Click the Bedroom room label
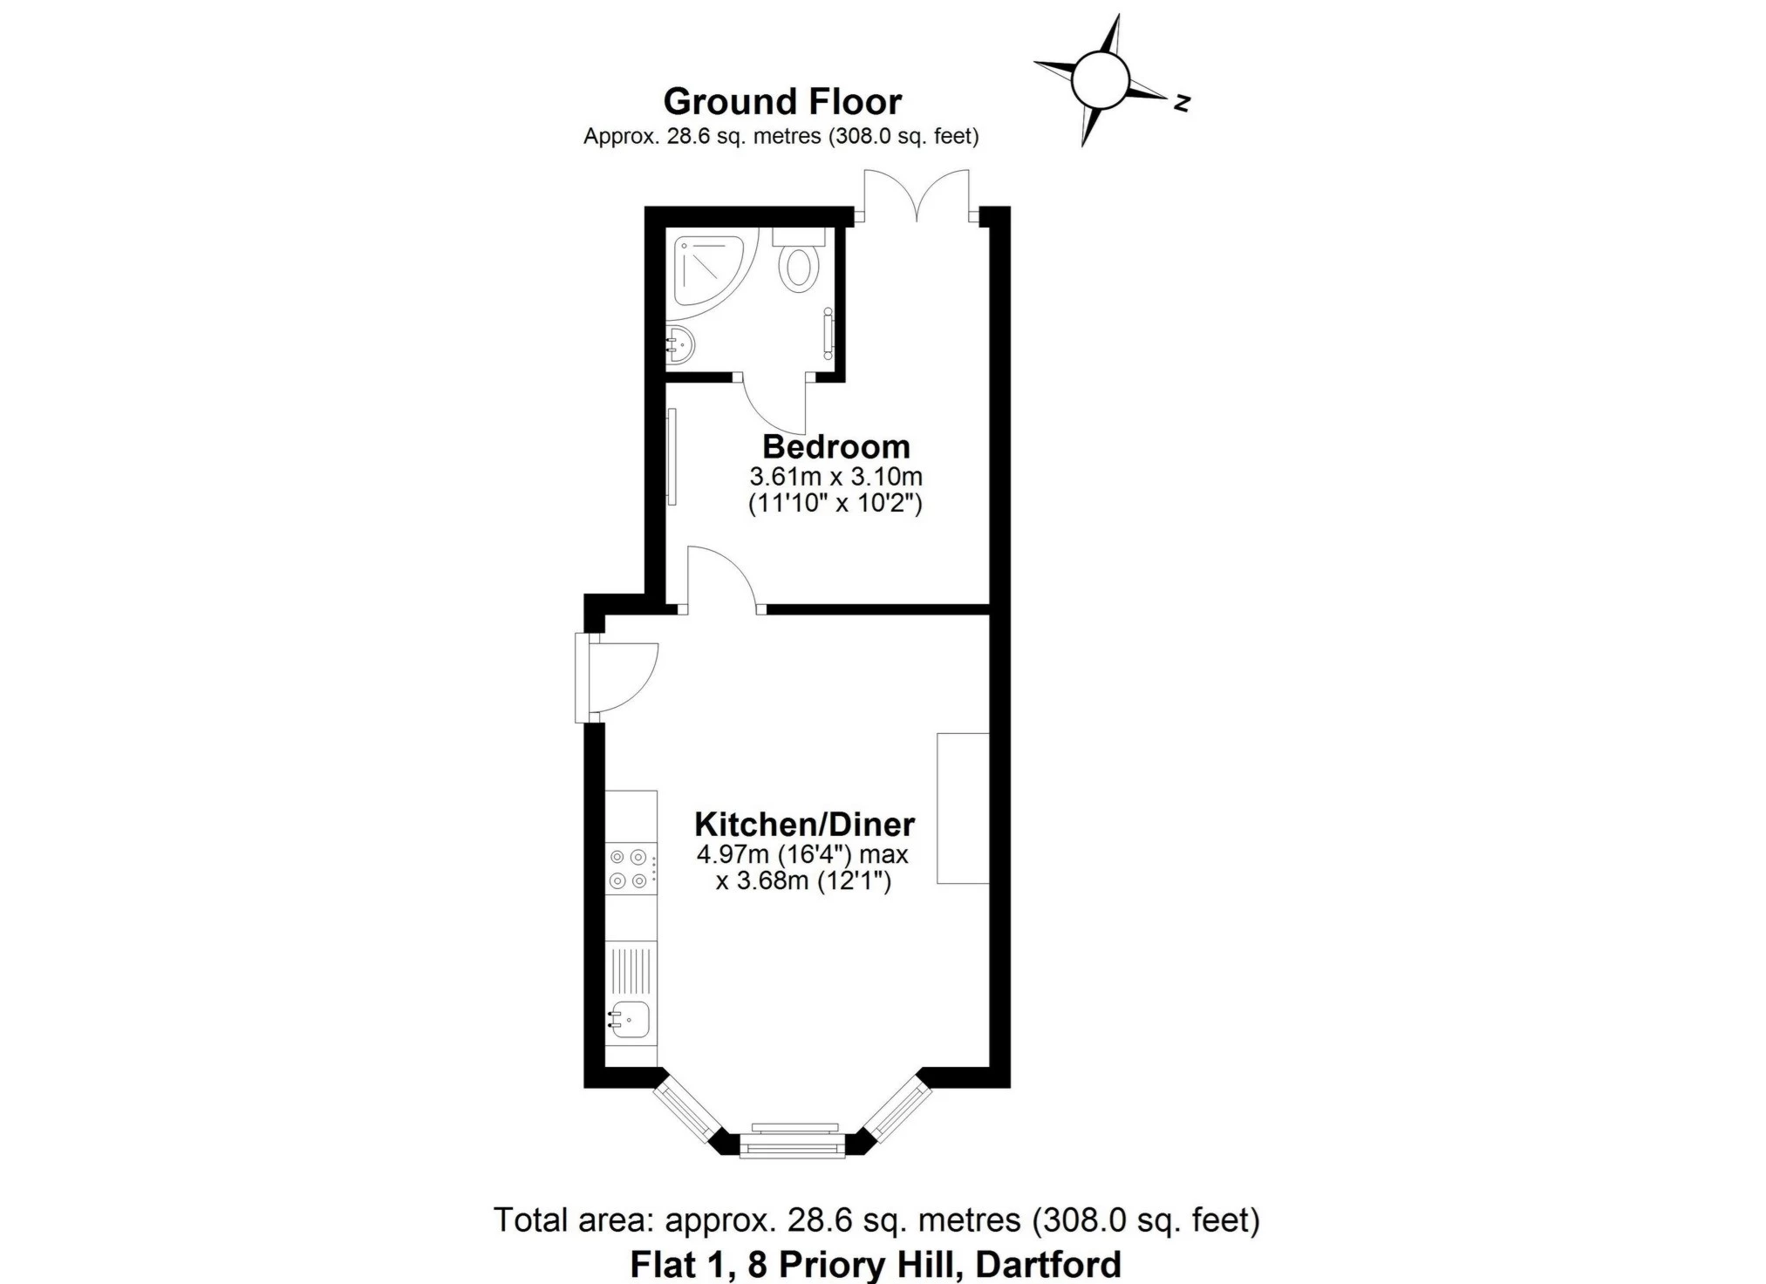(835, 446)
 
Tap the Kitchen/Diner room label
(804, 824)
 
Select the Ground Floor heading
(782, 102)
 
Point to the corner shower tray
(707, 269)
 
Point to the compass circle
(1101, 79)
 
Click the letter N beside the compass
(1182, 103)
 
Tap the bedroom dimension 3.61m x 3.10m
(835, 477)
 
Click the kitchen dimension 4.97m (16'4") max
(802, 854)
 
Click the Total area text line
(876, 1219)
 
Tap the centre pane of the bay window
(793, 1142)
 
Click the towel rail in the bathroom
(828, 334)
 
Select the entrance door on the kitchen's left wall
(619, 678)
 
